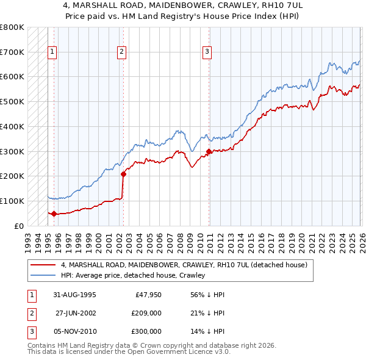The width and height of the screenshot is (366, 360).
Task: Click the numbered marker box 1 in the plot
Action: click(52, 52)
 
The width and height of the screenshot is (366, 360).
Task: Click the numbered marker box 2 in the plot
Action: click(122, 52)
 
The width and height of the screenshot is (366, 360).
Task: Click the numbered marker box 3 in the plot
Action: click(207, 52)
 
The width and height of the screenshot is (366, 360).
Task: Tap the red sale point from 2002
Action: click(123, 174)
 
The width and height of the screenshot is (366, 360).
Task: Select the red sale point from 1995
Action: click(54, 214)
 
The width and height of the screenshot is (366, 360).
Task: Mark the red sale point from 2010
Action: click(209, 151)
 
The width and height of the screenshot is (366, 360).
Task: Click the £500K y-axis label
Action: click(12, 102)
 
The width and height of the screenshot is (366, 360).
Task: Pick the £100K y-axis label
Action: click(12, 201)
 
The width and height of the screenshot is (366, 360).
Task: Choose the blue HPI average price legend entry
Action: click(132, 275)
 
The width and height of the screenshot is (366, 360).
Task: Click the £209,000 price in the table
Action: click(146, 313)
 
